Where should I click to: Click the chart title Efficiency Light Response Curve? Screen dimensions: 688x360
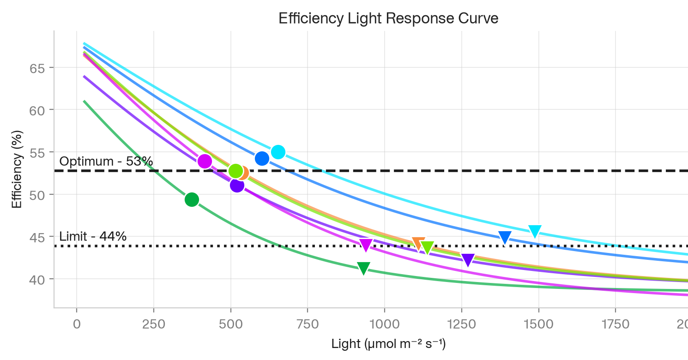[x=388, y=18]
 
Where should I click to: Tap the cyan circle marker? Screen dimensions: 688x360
[x=278, y=152]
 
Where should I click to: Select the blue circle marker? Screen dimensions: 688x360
[x=262, y=158]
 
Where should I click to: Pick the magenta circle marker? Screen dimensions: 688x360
[x=205, y=161]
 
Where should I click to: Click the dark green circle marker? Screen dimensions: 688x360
[x=192, y=200]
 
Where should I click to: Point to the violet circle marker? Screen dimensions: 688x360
[x=237, y=185]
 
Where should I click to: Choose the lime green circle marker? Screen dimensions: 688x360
[x=236, y=171]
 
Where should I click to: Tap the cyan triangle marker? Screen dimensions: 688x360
[x=535, y=231]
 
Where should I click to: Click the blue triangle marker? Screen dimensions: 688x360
[x=505, y=237]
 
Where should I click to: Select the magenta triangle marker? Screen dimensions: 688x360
[x=366, y=245]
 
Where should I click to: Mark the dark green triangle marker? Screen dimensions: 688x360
[x=364, y=268]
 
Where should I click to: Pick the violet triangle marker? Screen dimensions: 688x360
[x=468, y=260]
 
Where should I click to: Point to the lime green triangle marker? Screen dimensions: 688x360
[x=427, y=247]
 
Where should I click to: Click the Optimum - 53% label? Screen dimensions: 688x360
[x=106, y=161]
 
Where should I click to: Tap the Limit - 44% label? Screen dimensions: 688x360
[x=93, y=236]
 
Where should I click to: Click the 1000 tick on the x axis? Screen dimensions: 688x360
[x=385, y=324]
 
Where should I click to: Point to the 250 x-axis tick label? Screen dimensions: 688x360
[x=154, y=324]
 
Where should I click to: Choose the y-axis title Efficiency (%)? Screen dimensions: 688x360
[x=17, y=169]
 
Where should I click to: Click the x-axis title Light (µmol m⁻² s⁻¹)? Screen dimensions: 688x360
[x=388, y=344]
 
